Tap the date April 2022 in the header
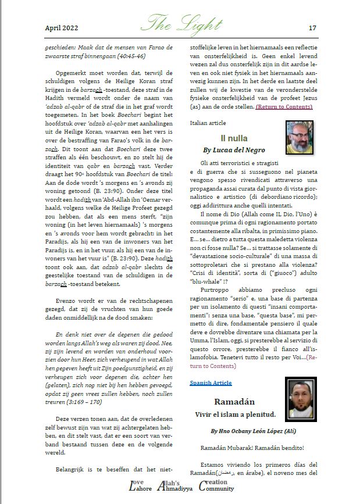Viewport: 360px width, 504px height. coord(61,27)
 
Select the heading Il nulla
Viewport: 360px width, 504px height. coord(234,138)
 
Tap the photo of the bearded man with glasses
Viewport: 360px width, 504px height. coord(301,137)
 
